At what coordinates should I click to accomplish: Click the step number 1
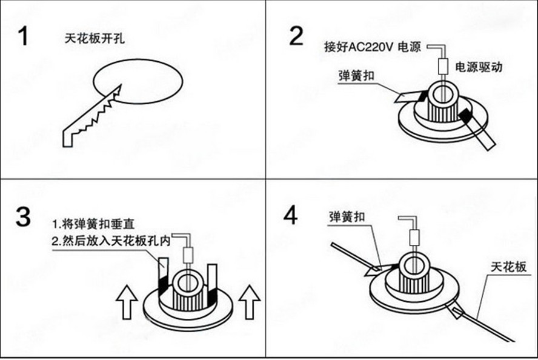pyautogui.click(x=23, y=36)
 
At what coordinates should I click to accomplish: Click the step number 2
pyautogui.click(x=296, y=36)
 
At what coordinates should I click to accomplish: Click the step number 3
pyautogui.click(x=23, y=216)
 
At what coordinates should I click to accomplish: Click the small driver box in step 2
pyautogui.click(x=442, y=65)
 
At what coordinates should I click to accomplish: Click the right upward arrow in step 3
pyautogui.click(x=249, y=301)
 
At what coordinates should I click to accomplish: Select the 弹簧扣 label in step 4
pyautogui.click(x=345, y=217)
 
